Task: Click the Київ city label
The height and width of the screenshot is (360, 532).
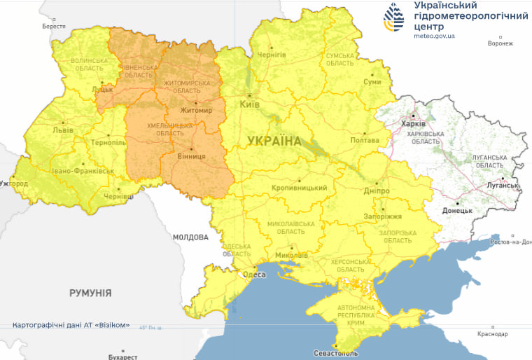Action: tap(250, 104)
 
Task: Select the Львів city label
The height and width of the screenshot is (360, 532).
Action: tap(62, 130)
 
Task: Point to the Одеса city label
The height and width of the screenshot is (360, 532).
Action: tap(253, 275)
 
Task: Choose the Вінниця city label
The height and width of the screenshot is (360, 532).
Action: tap(192, 156)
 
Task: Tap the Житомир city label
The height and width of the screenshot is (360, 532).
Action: tap(196, 110)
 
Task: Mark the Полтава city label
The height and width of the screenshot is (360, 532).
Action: tap(364, 141)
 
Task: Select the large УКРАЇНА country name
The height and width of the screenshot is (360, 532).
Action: tap(274, 141)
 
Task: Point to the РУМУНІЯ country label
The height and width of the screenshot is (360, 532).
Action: tap(90, 293)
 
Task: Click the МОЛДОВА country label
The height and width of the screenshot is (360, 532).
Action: tap(190, 237)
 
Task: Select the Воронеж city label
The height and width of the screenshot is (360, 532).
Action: tap(500, 43)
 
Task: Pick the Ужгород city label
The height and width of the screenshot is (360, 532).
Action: tap(14, 184)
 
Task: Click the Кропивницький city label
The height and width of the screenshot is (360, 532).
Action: tap(300, 188)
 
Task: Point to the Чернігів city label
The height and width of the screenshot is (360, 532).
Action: tap(272, 54)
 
